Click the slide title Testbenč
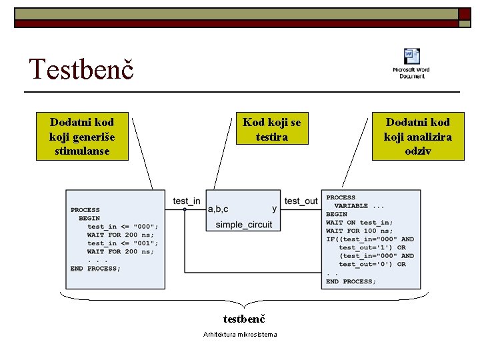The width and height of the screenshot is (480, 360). click(x=81, y=69)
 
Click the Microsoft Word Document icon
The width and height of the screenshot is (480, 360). click(x=411, y=63)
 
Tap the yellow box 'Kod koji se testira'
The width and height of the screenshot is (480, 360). click(x=271, y=129)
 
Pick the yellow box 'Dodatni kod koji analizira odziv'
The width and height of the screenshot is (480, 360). click(x=417, y=137)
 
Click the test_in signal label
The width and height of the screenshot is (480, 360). click(x=186, y=201)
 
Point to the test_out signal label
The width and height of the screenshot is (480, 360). click(x=301, y=201)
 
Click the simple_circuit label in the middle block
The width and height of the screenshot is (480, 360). click(x=243, y=225)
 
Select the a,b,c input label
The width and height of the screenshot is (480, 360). click(x=218, y=209)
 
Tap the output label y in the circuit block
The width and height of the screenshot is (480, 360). click(x=275, y=209)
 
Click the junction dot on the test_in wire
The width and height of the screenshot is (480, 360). click(x=185, y=209)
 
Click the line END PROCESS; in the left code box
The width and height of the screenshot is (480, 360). click(x=95, y=269)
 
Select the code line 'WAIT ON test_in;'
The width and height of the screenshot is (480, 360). click(x=359, y=223)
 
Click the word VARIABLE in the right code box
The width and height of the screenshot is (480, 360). click(x=351, y=206)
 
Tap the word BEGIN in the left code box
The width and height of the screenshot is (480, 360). click(x=89, y=218)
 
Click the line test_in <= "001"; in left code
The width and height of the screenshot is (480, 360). click(x=123, y=243)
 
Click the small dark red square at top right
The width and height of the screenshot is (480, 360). click(x=465, y=15)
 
